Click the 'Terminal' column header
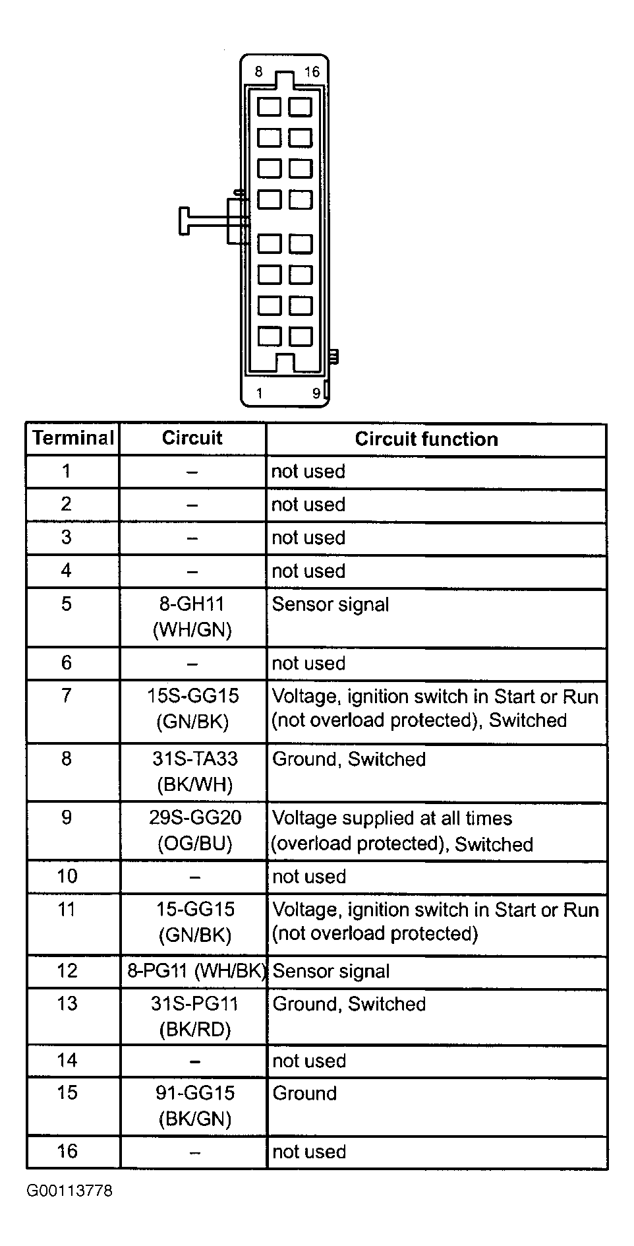coord(73,438)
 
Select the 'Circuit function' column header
coord(426,439)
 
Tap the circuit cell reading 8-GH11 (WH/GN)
coord(192,617)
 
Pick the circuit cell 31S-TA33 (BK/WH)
coord(195,772)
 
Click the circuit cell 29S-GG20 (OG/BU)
coord(195,830)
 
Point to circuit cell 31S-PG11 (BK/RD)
coord(195,1016)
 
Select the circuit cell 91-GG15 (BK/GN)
coord(195,1106)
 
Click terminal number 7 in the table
coord(67,695)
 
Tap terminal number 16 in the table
coord(67,1151)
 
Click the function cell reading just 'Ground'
coord(304,1094)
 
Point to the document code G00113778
coord(69,1191)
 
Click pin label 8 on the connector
coord(258,71)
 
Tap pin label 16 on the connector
coord(312,71)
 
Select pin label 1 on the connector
coord(260,394)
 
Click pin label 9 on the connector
coord(316,394)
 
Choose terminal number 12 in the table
coord(67,970)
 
